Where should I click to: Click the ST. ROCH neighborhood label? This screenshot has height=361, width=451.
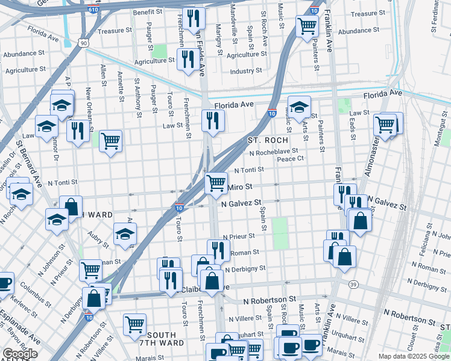pos(268,140)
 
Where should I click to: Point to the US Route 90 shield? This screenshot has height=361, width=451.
pos(83,42)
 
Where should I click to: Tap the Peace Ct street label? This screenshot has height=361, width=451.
pos(290,159)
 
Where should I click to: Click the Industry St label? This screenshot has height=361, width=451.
pos(246,71)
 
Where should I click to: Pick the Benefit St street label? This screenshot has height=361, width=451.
pos(148,12)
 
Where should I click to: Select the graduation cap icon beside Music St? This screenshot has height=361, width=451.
pos(299,107)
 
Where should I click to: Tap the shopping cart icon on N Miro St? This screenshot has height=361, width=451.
pos(216,182)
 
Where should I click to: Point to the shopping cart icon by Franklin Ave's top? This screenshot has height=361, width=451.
pos(307,26)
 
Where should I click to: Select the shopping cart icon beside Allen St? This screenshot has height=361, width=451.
pos(110,141)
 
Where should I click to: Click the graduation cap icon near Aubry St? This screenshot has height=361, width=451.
pos(125,234)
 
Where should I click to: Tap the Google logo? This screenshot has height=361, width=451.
pos(20,354)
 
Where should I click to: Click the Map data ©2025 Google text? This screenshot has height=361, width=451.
pos(414,356)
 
